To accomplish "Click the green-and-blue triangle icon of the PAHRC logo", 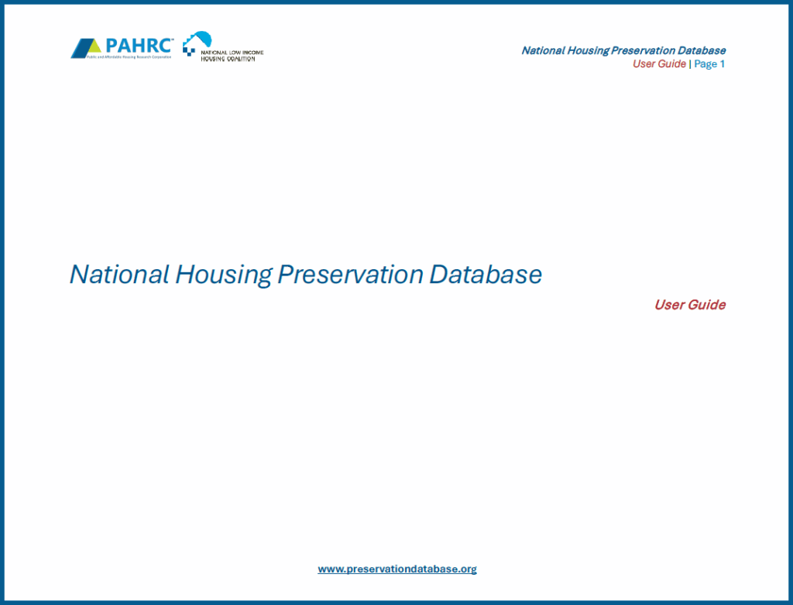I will click(x=86, y=48).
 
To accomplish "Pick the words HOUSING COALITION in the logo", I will click(x=227, y=59).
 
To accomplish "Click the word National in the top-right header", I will click(x=543, y=51).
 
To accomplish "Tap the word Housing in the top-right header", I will click(x=588, y=51).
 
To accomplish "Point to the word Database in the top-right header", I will click(x=702, y=51).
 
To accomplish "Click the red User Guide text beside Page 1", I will click(x=659, y=64).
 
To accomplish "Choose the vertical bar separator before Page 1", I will click(x=690, y=64).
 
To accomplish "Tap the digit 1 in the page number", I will click(x=722, y=64).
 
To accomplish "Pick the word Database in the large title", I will click(x=486, y=275).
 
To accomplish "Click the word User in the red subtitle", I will click(x=670, y=305).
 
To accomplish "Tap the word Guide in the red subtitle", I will click(x=707, y=305).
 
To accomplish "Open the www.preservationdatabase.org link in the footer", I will click(x=397, y=569).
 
